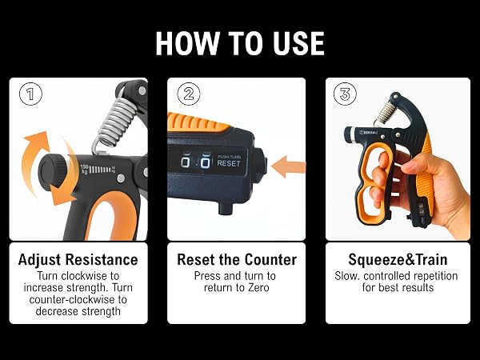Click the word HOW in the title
pyautogui.click(x=188, y=43)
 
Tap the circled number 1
pyautogui.click(x=30, y=94)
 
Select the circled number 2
pyautogui.click(x=189, y=94)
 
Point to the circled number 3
pyautogui.click(x=345, y=94)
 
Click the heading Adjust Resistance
pyautogui.click(x=78, y=259)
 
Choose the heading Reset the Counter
pyautogui.click(x=237, y=259)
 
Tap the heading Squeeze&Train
pyautogui.click(x=398, y=259)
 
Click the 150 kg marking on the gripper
pyautogui.click(x=85, y=169)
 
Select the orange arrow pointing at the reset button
pyautogui.click(x=288, y=166)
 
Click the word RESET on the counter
pyautogui.click(x=229, y=163)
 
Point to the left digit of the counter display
pyautogui.click(x=186, y=162)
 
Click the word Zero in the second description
pyautogui.click(x=258, y=287)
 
